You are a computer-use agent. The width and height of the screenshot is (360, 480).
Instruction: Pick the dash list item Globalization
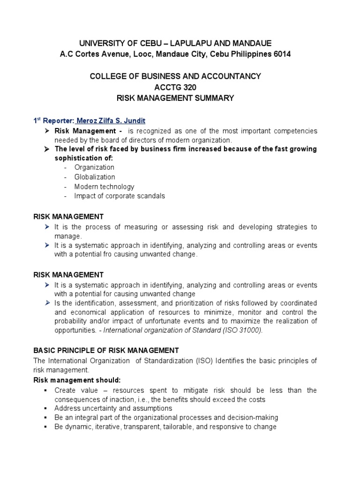pyautogui.click(x=94, y=177)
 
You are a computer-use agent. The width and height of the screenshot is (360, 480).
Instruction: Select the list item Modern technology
pyautogui.click(x=104, y=187)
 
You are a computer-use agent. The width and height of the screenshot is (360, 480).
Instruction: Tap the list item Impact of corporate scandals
pyautogui.click(x=120, y=196)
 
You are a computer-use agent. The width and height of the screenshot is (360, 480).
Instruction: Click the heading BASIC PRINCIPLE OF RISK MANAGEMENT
pyautogui.click(x=105, y=350)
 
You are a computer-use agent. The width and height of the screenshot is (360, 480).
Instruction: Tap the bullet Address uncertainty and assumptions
pyautogui.click(x=113, y=408)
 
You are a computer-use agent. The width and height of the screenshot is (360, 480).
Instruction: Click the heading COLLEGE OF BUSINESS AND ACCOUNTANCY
pyautogui.click(x=175, y=76)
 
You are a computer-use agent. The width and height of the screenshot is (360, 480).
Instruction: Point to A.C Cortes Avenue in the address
pyautogui.click(x=93, y=54)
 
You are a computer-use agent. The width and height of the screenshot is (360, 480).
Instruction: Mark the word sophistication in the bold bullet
pyautogui.click(x=76, y=158)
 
